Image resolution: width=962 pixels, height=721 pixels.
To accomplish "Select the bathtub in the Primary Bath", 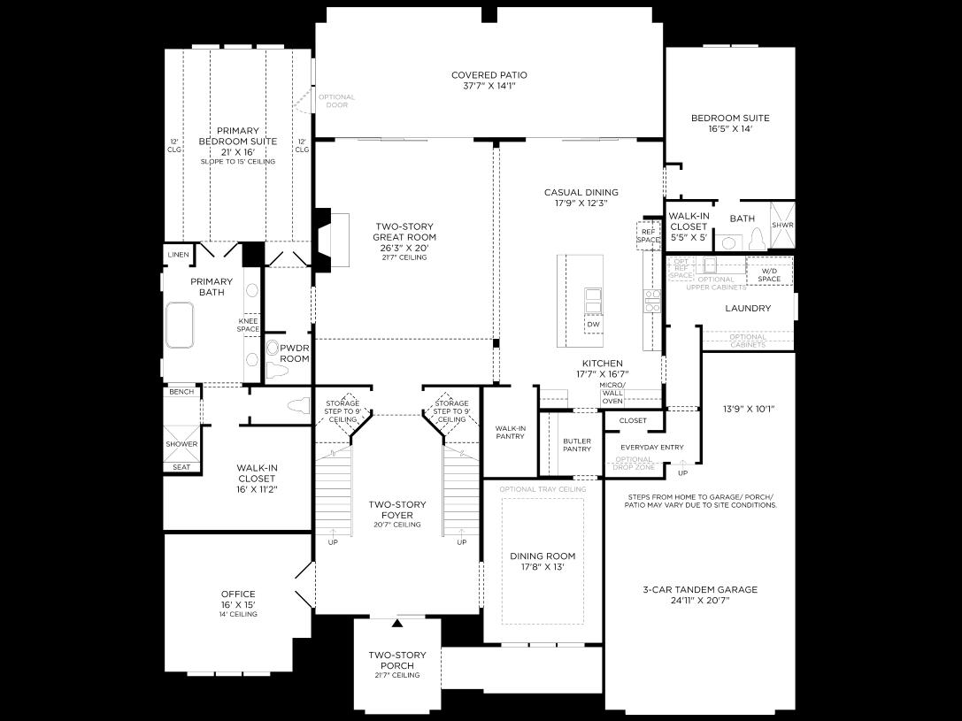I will coord(180,326).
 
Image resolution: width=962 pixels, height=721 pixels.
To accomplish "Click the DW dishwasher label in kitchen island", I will coord(592,324).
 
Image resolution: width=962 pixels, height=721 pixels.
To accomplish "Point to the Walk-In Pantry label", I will coord(511,432).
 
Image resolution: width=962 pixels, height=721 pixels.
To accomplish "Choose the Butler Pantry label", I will coord(576,444).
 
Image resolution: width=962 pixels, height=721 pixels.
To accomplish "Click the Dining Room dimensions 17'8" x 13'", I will coord(543,567).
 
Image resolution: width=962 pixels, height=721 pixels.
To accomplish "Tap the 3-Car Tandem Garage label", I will coord(699,589).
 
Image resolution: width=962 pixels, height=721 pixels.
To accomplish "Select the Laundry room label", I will coord(748,309).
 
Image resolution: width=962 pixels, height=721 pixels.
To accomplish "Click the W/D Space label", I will coord(769,274).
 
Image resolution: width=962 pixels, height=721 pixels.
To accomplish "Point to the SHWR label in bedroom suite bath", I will coord(783,225).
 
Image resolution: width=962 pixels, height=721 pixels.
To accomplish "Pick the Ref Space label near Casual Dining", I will coord(649,235).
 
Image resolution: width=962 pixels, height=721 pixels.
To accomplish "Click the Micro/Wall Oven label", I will coord(612,394).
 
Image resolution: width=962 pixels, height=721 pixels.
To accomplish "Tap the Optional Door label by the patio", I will coord(336,101).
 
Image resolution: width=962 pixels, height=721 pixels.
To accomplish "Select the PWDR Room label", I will coord(295,354).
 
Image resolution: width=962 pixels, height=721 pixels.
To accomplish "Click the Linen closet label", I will coord(178,255).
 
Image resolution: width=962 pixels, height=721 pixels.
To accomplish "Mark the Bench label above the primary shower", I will coord(181,392).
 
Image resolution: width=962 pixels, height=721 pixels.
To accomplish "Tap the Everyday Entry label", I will coord(651,448).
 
